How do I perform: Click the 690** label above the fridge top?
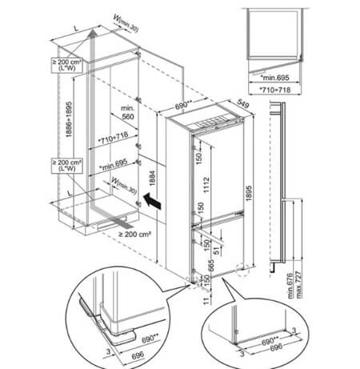pos(184,106)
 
